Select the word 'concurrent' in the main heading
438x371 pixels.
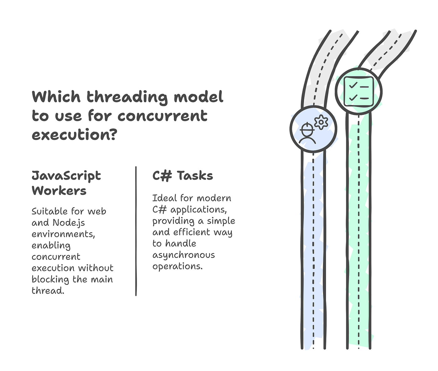click(x=163, y=116)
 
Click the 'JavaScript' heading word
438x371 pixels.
click(x=66, y=176)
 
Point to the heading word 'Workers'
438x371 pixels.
click(x=59, y=191)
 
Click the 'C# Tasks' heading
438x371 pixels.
click(x=183, y=176)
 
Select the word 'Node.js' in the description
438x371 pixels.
click(x=69, y=223)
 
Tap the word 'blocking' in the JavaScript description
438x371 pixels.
click(x=50, y=280)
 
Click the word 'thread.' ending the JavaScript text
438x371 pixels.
click(x=48, y=291)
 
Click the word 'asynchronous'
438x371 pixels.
click(x=184, y=255)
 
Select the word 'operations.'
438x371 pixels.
click(x=177, y=266)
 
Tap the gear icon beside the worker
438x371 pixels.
click(x=321, y=122)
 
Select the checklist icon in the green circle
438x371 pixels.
click(x=359, y=91)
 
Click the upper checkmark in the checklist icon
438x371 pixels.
click(x=353, y=85)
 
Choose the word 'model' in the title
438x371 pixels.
click(x=199, y=97)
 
